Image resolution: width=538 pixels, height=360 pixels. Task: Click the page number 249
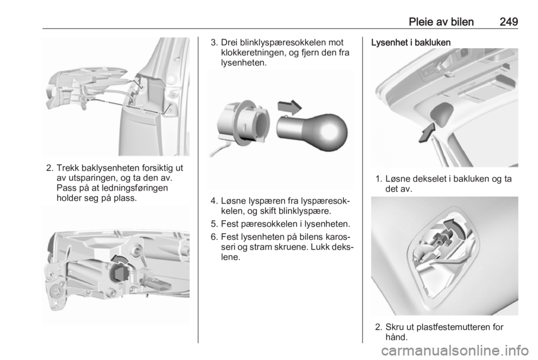pos(509,22)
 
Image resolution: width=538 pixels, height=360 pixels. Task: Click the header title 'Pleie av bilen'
pos(441,22)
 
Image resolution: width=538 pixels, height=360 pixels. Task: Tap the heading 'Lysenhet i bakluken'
pos(411,43)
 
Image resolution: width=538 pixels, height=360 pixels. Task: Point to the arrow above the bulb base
pos(290,107)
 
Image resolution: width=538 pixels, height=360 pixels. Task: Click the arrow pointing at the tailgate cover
pos(427,133)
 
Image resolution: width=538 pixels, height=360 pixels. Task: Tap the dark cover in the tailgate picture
pos(441,113)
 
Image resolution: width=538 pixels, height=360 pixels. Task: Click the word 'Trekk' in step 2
pos(67,168)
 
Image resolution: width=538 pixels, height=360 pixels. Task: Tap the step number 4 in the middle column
pos(214,201)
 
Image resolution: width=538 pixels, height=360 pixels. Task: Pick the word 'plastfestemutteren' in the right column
pos(451,327)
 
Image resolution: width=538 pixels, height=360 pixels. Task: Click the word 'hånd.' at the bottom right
pos(396,337)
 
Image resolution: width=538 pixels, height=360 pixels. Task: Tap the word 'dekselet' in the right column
pos(430,179)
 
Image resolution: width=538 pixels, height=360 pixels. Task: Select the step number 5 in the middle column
pos(214,224)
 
